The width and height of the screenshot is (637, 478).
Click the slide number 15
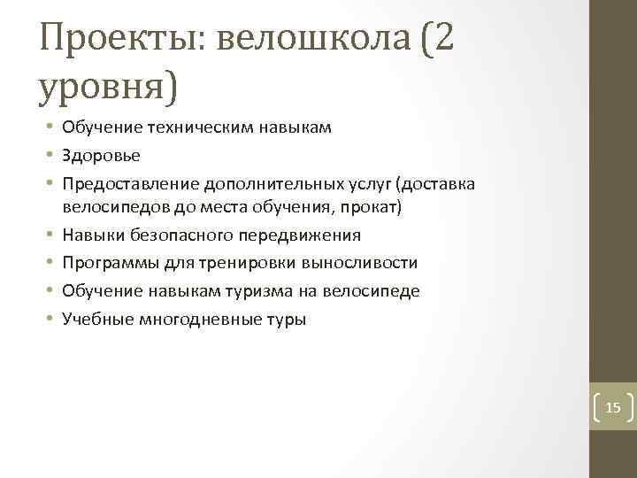[613, 408]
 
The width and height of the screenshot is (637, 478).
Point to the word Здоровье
[101, 155]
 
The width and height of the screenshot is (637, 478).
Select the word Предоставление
[131, 183]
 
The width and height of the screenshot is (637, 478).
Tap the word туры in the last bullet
[287, 320]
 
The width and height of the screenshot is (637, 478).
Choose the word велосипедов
[109, 206]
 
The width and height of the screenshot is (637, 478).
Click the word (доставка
[436, 183]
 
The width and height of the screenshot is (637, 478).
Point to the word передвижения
[308, 235]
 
